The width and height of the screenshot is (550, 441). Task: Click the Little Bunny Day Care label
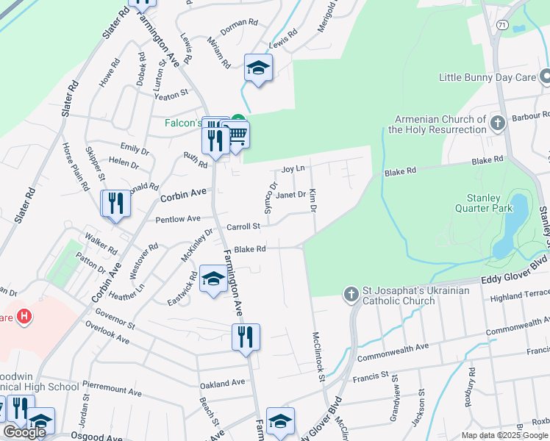pos(486,77)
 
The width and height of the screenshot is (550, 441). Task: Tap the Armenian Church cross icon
pos(498,122)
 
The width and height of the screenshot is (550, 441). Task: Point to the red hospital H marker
pos(25,317)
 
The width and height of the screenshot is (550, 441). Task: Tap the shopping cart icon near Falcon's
pos(238,135)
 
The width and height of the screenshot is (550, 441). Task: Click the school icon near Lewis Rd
pos(258,68)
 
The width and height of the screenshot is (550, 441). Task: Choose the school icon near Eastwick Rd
pos(213,279)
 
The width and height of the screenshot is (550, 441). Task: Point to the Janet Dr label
pos(290,195)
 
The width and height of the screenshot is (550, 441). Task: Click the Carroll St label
pos(243,227)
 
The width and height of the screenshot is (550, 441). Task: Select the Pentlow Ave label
pos(177,219)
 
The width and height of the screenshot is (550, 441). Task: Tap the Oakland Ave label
pos(222,384)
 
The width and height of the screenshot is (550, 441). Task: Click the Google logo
pos(24,432)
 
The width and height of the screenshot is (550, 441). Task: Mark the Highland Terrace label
pos(519,296)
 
